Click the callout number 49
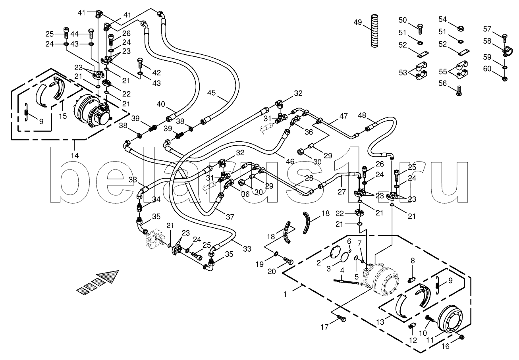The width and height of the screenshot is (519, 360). [358, 22]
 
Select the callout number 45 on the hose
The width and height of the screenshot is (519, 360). [211, 93]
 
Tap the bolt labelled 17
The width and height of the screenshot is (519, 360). [341, 318]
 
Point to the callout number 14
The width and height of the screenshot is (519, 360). [75, 155]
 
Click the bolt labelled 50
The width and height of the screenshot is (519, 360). [421, 28]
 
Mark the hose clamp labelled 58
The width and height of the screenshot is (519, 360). [505, 50]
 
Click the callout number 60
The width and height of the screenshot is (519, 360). [487, 69]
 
